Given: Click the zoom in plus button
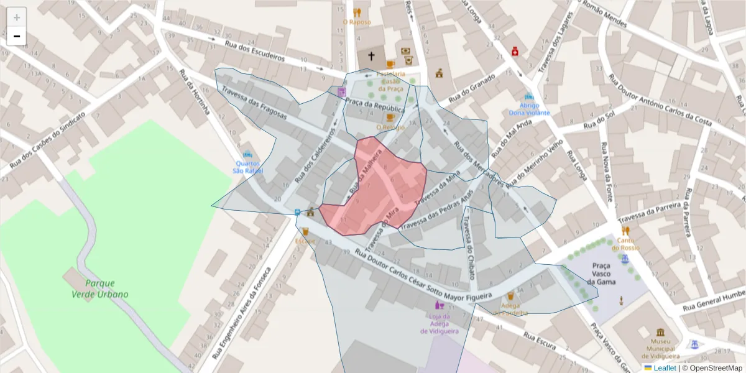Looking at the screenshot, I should coord(17,17).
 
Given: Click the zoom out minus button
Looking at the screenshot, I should coord(17,36).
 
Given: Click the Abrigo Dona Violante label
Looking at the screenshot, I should coord(530,109).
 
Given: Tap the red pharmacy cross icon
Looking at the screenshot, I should coord(515,52).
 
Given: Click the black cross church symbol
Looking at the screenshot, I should coord(371,56).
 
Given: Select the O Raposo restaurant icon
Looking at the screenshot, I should coord(357,12).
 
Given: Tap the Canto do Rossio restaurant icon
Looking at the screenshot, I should coord(625,230).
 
